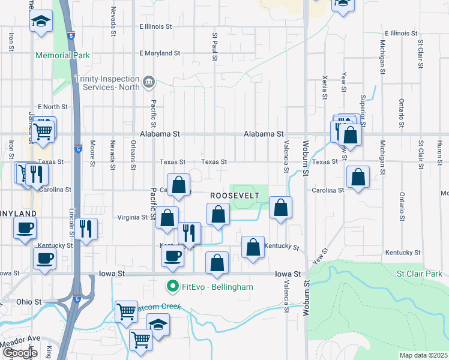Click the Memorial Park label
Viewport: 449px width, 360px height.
point(62,56)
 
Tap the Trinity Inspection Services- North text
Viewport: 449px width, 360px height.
point(107,82)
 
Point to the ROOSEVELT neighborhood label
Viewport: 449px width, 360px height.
point(234,196)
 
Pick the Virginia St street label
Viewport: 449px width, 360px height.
point(131,218)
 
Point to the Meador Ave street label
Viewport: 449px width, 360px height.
point(20,338)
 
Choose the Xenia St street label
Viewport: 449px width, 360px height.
point(325,88)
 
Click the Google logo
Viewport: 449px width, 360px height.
point(20,353)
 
